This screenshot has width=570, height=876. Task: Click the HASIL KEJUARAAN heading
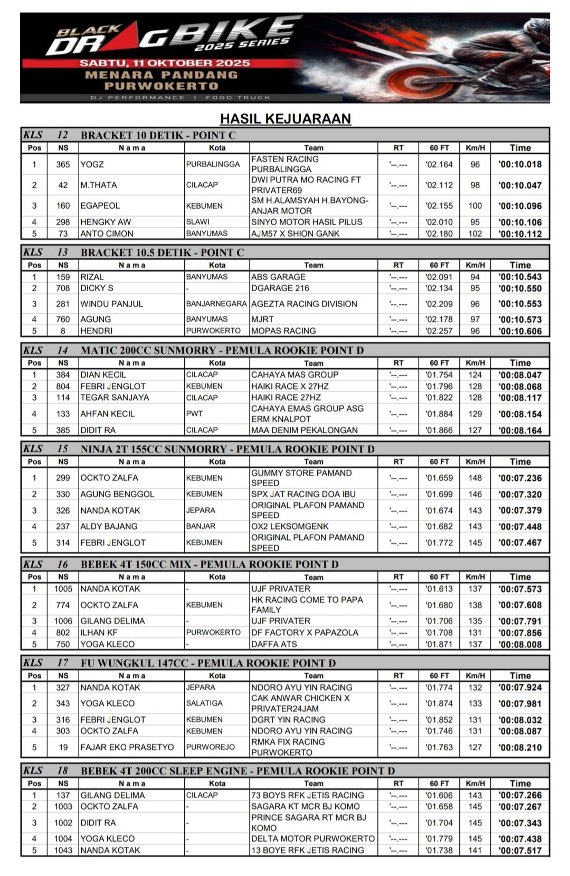tap(285, 118)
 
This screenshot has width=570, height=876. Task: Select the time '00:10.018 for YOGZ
tap(520, 164)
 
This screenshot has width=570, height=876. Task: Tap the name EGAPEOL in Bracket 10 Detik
tap(100, 206)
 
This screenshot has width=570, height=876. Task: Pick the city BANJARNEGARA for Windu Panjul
tap(216, 304)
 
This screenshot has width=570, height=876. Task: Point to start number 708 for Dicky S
tap(63, 288)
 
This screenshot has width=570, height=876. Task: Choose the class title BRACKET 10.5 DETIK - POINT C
tap(162, 253)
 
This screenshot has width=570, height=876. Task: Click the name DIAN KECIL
tap(103, 375)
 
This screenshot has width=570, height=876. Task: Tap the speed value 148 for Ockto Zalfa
tap(475, 478)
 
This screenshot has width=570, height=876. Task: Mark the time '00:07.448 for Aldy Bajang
tap(520, 527)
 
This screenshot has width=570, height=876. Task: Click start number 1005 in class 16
tap(63, 589)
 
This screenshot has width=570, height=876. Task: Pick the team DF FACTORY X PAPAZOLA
tap(305, 632)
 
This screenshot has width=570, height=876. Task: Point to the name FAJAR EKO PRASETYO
tap(127, 747)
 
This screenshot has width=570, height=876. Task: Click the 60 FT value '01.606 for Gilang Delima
tap(439, 795)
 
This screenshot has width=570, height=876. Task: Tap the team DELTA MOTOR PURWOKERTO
tap(313, 838)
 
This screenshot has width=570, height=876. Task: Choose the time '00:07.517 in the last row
tap(520, 850)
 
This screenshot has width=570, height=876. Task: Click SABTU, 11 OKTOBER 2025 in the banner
tap(165, 63)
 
